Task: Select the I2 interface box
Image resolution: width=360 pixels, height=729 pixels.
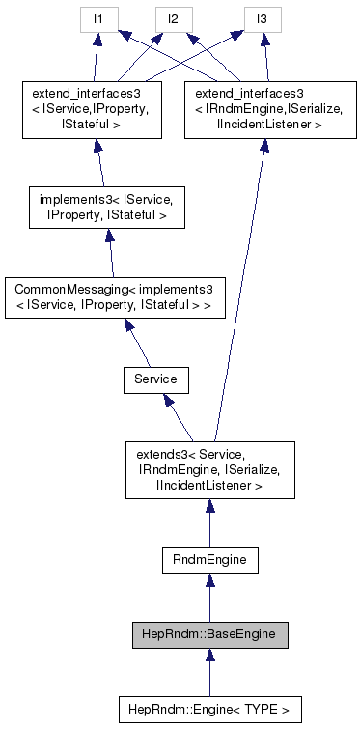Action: pos(175,19)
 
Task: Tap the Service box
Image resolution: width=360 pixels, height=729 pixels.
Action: pos(155,379)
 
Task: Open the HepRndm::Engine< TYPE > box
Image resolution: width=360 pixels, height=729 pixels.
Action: pos(208,709)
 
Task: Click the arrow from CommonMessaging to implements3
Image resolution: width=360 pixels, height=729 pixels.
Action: pos(110,253)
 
